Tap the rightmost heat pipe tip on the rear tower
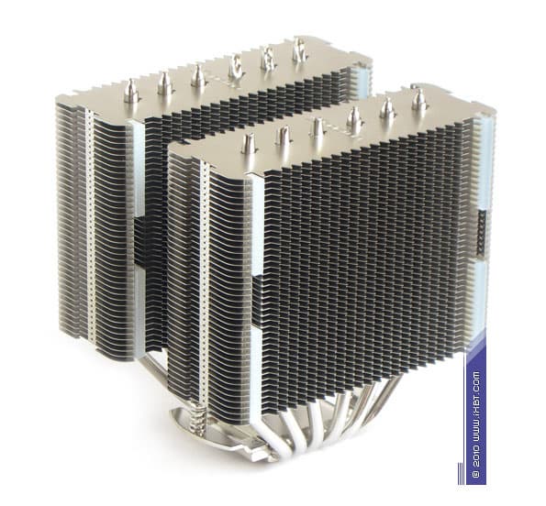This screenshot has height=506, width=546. pyautogui.click(x=300, y=50)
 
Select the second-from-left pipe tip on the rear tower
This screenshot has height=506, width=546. pyautogui.click(x=164, y=84)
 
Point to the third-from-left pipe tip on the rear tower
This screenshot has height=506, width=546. pyautogui.click(x=198, y=75)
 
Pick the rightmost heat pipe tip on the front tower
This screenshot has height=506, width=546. pyautogui.click(x=418, y=100)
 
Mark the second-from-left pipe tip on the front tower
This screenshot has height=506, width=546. pyautogui.click(x=284, y=136)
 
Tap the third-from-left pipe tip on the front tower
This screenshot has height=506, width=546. pyautogui.click(x=318, y=128)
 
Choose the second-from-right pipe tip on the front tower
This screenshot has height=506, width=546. pyautogui.click(x=387, y=108)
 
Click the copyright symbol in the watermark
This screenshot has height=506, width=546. pyautogui.click(x=475, y=473)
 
